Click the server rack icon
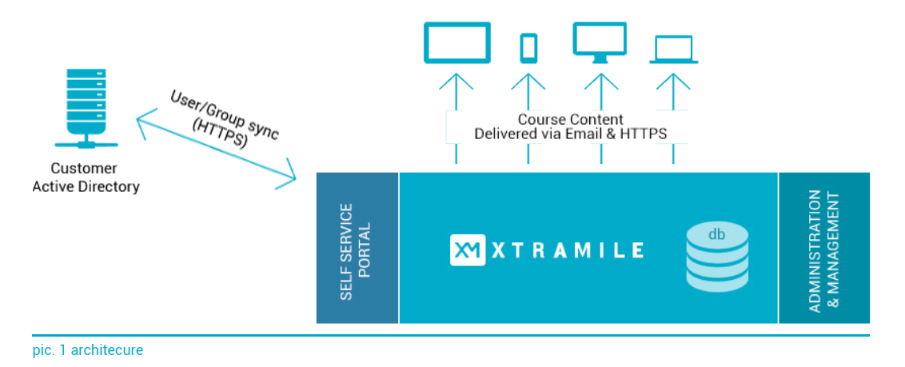[86, 109]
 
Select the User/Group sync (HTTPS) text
[221, 119]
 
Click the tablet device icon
[456, 42]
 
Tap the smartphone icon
[528, 48]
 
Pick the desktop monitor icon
[600, 42]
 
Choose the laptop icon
[674, 50]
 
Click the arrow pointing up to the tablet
[456, 119]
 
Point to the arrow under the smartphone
[528, 119]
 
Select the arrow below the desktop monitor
[601, 119]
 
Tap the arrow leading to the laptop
[674, 119]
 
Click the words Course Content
[570, 119]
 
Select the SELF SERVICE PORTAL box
[357, 248]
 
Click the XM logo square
[468, 249]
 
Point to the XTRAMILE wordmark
[567, 249]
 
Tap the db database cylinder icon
[716, 257]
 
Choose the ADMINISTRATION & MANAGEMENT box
[824, 248]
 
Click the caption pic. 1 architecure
[88, 349]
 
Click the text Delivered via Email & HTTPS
[570, 134]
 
